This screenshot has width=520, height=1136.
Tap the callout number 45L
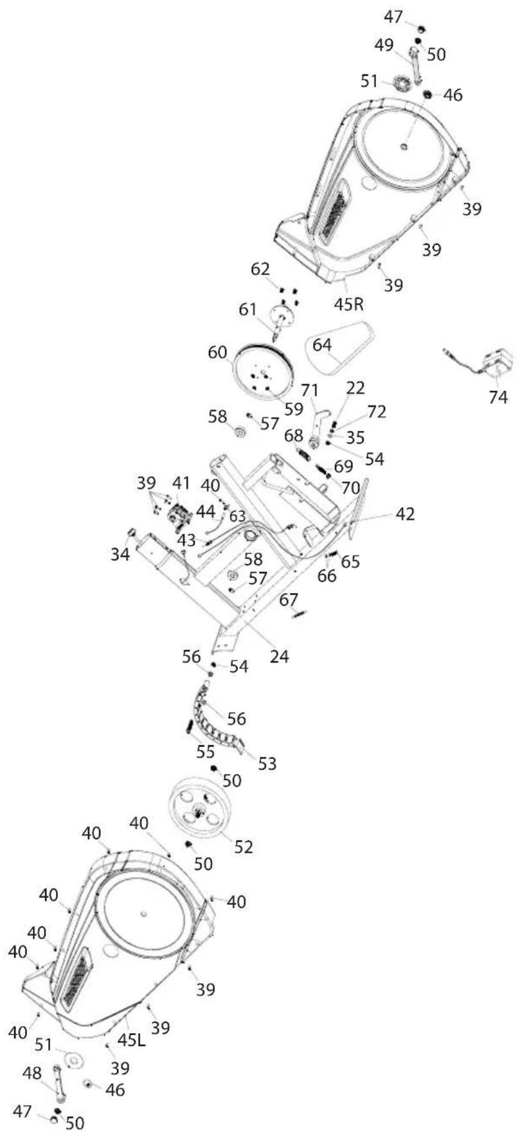[x=132, y=1039]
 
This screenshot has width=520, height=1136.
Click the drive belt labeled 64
[x=341, y=347]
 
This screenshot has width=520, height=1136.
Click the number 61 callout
[x=247, y=310]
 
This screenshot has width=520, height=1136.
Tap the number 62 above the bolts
[x=260, y=269]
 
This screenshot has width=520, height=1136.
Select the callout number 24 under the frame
[x=279, y=656]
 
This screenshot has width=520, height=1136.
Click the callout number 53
[x=267, y=763]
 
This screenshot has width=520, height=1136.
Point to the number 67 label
[x=289, y=599]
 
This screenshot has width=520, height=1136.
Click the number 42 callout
[x=405, y=513]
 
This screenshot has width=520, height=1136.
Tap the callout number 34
[x=120, y=553]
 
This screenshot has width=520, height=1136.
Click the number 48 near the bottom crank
[x=32, y=1072]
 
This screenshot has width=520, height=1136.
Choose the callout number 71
[x=310, y=390]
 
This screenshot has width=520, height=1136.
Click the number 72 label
[x=377, y=411]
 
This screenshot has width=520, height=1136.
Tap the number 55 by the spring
[x=206, y=751]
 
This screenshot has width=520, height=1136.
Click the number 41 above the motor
[x=181, y=483]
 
